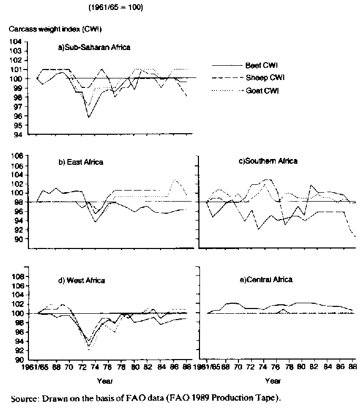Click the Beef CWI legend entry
(261, 66)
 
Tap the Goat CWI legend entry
(262, 91)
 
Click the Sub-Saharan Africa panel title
(94, 47)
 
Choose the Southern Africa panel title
(268, 161)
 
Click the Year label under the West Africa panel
(104, 381)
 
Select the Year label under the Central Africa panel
(273, 381)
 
